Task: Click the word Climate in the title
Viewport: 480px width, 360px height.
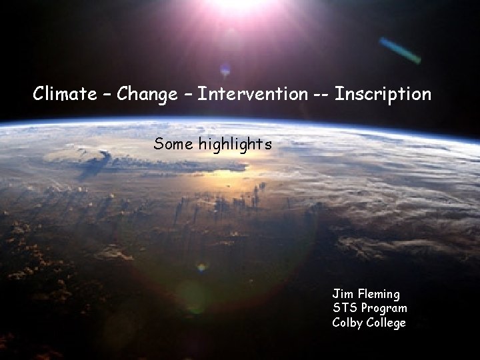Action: tap(65, 94)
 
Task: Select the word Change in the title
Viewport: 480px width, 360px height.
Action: tap(146, 94)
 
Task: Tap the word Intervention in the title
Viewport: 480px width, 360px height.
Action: tap(253, 94)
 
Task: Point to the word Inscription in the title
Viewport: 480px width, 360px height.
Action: tap(383, 94)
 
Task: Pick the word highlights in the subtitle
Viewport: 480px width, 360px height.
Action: tap(233, 143)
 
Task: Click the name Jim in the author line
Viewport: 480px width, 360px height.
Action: tap(342, 293)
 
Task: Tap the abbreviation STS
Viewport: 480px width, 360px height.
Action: tap(345, 308)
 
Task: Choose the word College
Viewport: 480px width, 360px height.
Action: tap(387, 323)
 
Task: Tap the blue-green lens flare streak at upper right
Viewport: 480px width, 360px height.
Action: tap(399, 50)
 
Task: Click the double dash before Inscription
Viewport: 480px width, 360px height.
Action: tap(319, 95)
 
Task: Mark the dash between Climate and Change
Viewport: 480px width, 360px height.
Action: tap(107, 95)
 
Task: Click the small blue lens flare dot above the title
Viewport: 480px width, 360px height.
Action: tap(225, 68)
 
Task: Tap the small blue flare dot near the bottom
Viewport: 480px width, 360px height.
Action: tap(201, 268)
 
